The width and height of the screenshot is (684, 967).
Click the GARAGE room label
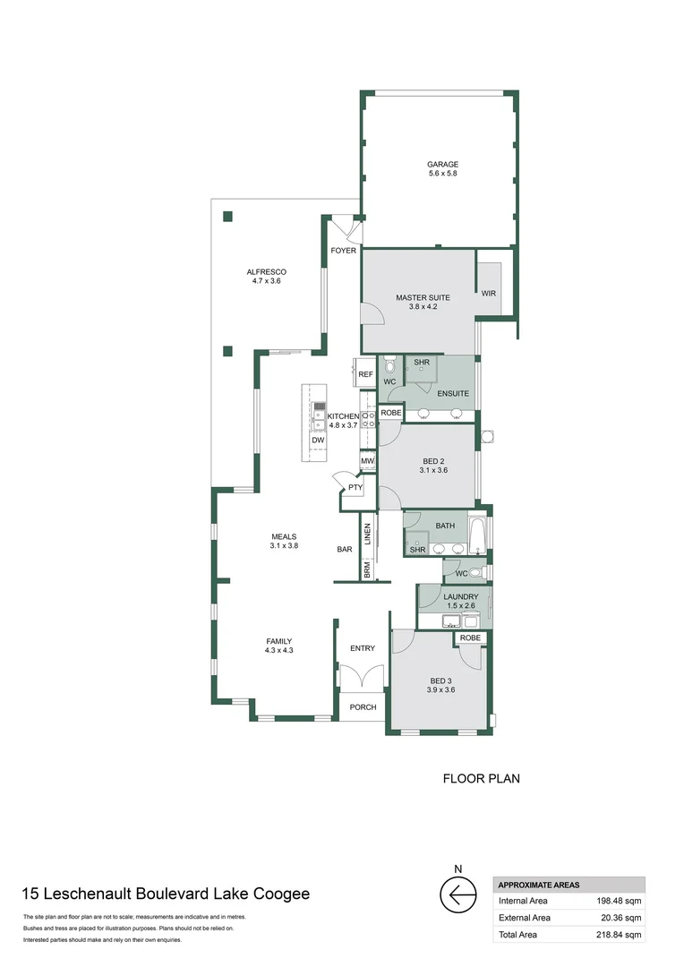click(x=443, y=165)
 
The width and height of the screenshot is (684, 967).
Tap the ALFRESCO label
click(x=267, y=272)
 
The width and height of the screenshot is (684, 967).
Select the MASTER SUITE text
click(x=423, y=298)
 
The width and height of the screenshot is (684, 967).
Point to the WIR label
click(x=489, y=294)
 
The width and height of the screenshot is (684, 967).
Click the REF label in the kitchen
click(x=366, y=374)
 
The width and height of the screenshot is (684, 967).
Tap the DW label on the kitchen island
click(x=318, y=441)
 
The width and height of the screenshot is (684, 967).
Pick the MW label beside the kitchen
click(x=368, y=461)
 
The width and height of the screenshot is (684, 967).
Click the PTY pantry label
click(x=355, y=488)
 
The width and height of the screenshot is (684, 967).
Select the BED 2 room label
click(x=433, y=461)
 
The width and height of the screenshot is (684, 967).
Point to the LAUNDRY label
click(x=461, y=597)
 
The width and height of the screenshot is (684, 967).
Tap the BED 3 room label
click(x=441, y=681)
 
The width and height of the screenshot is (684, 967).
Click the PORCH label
click(x=363, y=707)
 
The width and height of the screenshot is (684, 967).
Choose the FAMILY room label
click(x=279, y=641)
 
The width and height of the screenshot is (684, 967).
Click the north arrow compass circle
click(x=458, y=894)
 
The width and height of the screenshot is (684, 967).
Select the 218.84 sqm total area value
click(x=619, y=935)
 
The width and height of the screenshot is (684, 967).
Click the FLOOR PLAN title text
click(x=482, y=779)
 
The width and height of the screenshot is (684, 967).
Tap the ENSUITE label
click(x=453, y=393)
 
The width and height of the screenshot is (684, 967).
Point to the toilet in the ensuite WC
click(x=389, y=366)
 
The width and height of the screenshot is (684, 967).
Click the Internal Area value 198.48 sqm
click(x=619, y=901)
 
